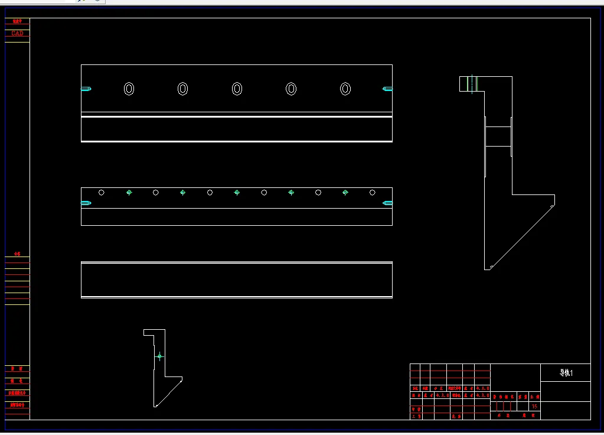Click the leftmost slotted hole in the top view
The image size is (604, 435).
[129, 89]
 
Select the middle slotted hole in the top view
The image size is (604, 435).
[237, 89]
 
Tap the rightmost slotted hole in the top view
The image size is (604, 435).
[345, 89]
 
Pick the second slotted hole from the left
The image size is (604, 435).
[183, 89]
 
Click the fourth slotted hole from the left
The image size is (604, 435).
[291, 89]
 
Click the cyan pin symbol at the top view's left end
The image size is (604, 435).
[86, 89]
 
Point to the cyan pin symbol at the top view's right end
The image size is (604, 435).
[387, 89]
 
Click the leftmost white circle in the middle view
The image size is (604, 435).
[102, 192]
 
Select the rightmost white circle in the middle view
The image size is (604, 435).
[373, 192]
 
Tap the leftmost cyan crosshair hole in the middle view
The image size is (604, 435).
[129, 192]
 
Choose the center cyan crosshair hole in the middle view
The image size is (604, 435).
[237, 192]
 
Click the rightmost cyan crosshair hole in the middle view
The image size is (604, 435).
[345, 192]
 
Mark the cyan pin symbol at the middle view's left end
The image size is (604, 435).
[86, 203]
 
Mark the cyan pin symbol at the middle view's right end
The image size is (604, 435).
[387, 203]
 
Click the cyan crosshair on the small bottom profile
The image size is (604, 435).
[159, 356]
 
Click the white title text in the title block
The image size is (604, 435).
[566, 373]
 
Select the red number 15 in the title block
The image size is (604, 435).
[535, 406]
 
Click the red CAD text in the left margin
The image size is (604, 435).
[17, 34]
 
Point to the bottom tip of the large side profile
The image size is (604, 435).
[488, 269]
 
